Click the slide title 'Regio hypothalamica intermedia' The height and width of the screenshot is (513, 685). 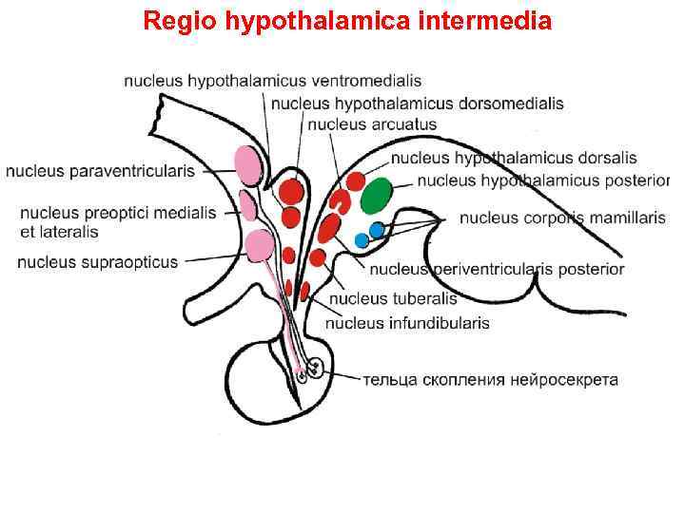pyautogui.click(x=347, y=21)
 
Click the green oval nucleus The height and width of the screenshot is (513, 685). pyautogui.click(x=376, y=195)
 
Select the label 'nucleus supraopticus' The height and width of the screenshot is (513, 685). pyautogui.click(x=97, y=261)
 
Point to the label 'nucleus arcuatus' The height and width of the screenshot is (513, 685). pyautogui.click(x=372, y=123)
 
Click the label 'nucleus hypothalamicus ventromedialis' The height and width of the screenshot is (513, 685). pyautogui.click(x=272, y=81)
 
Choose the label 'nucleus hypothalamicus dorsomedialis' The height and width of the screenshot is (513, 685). pyautogui.click(x=417, y=103)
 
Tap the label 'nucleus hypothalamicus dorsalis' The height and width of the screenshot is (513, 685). pyautogui.click(x=514, y=158)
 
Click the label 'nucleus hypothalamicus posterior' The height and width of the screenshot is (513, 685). pyautogui.click(x=543, y=180)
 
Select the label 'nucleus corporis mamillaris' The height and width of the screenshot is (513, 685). pyautogui.click(x=562, y=218)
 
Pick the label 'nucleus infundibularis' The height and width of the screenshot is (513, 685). pyautogui.click(x=407, y=323)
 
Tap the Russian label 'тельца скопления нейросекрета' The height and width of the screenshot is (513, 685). pyautogui.click(x=490, y=380)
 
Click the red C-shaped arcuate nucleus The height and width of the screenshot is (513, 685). pyautogui.click(x=341, y=201)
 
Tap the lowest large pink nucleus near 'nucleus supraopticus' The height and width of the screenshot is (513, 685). pyautogui.click(x=259, y=246)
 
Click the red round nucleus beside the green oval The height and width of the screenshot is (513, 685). pyautogui.click(x=355, y=180)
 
